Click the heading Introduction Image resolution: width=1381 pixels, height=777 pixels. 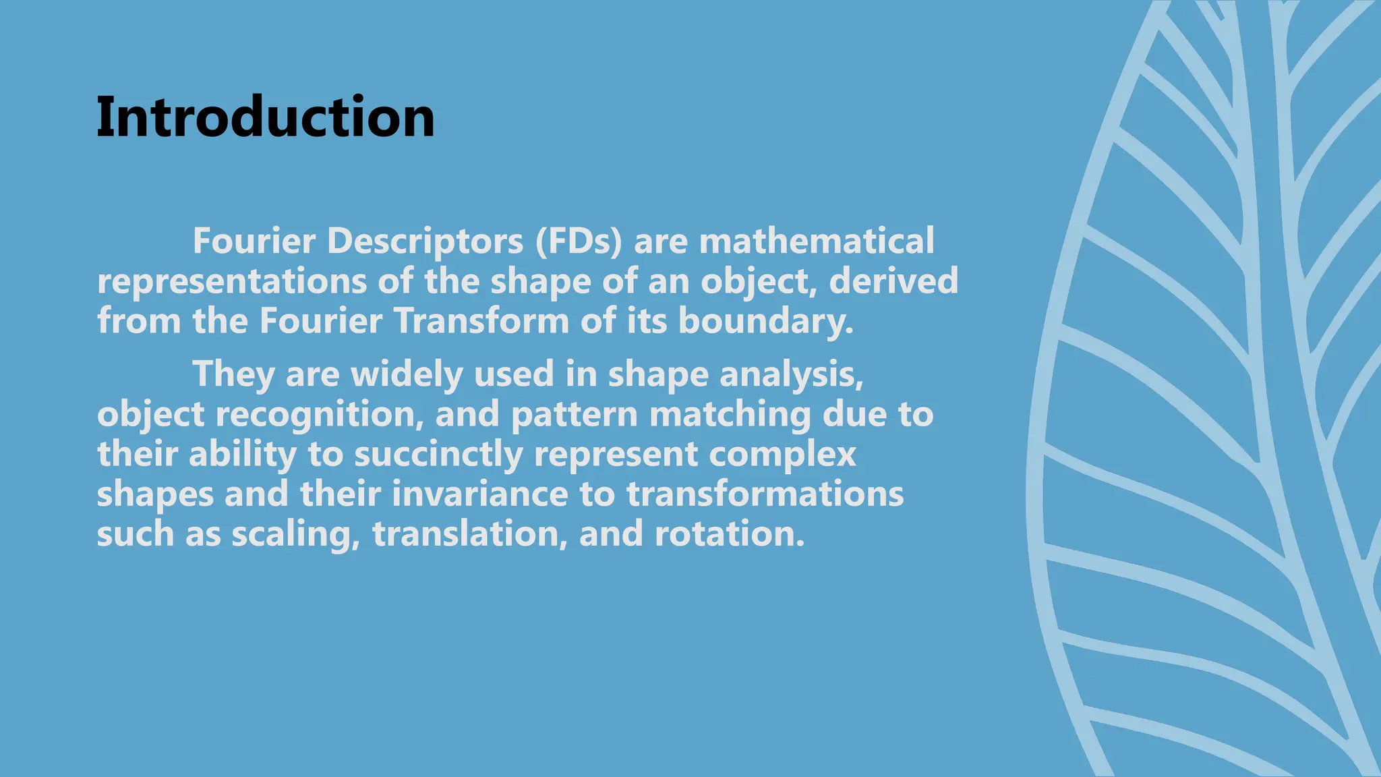[266, 117]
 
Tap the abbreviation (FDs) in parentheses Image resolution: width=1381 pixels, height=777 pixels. [579, 241]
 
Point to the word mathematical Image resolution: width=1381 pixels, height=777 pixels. [817, 241]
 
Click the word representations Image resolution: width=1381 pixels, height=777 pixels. [232, 281]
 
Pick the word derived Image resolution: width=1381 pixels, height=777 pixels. [893, 281]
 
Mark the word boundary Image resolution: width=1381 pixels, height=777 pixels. [765, 320]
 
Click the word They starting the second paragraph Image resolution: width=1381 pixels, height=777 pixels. [233, 374]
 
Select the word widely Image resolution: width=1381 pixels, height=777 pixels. [407, 374]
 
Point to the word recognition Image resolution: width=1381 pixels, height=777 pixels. [320, 413]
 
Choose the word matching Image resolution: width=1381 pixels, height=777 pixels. [730, 413]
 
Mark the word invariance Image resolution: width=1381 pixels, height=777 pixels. [480, 494]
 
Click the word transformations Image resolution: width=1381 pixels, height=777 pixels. [765, 494]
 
